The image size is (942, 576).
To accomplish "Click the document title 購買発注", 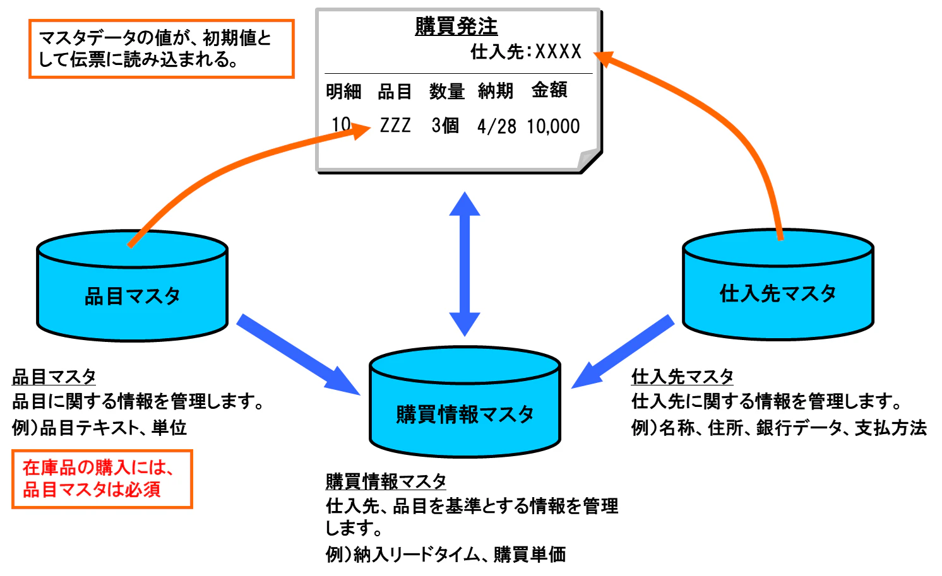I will (456, 26).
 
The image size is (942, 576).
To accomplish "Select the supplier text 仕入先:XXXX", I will (525, 52).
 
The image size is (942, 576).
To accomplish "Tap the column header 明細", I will (343, 91).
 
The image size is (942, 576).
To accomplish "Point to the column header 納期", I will (495, 91).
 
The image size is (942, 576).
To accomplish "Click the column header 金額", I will (549, 90).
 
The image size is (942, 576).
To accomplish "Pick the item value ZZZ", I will (395, 126).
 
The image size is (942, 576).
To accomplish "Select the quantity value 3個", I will (445, 126).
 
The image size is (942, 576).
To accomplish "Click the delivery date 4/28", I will (496, 127).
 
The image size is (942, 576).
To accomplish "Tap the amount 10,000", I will (553, 127).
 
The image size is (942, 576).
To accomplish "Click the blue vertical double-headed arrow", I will (465, 264).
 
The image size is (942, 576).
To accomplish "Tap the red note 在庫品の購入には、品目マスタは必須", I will (102, 479).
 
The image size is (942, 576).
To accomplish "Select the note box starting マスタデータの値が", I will (161, 49).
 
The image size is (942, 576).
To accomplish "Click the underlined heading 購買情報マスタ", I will (386, 481).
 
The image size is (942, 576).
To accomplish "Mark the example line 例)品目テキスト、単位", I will (99, 428).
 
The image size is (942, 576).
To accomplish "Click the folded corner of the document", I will (588, 160).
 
